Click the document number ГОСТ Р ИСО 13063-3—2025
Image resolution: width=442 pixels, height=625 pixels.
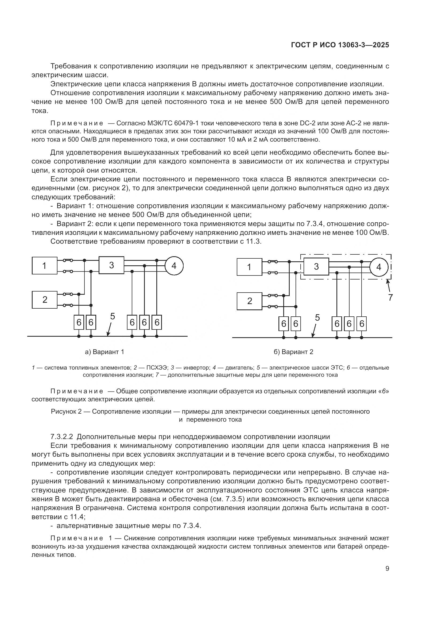pos(340,45)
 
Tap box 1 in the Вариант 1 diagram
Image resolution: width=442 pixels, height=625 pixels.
pos(44,265)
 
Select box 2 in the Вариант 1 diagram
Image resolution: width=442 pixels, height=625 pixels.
pos(44,300)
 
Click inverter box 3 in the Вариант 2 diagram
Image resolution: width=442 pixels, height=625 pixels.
pos(316,266)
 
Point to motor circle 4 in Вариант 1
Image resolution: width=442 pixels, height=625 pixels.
pos(174,265)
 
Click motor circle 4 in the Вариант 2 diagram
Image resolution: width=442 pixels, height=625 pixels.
pos(379,267)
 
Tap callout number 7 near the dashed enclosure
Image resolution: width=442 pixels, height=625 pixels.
pos(390,297)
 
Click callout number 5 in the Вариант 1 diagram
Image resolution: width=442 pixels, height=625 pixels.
pos(113,316)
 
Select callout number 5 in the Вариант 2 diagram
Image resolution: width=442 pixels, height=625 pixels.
pos(317,318)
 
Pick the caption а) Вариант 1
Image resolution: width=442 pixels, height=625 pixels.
pos(104,352)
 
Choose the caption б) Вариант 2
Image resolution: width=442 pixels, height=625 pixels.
pos(293,352)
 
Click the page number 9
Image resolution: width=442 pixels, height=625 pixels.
pos(387,569)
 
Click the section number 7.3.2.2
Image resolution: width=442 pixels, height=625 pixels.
pos(62,437)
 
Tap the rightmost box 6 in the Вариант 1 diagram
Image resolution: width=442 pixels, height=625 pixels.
pos(157,322)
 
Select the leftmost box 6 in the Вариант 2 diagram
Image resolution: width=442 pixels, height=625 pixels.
pos(284,324)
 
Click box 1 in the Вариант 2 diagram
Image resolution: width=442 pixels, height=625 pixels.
pos(249,267)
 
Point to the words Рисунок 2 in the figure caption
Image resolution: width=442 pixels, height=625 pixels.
pos(66,411)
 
